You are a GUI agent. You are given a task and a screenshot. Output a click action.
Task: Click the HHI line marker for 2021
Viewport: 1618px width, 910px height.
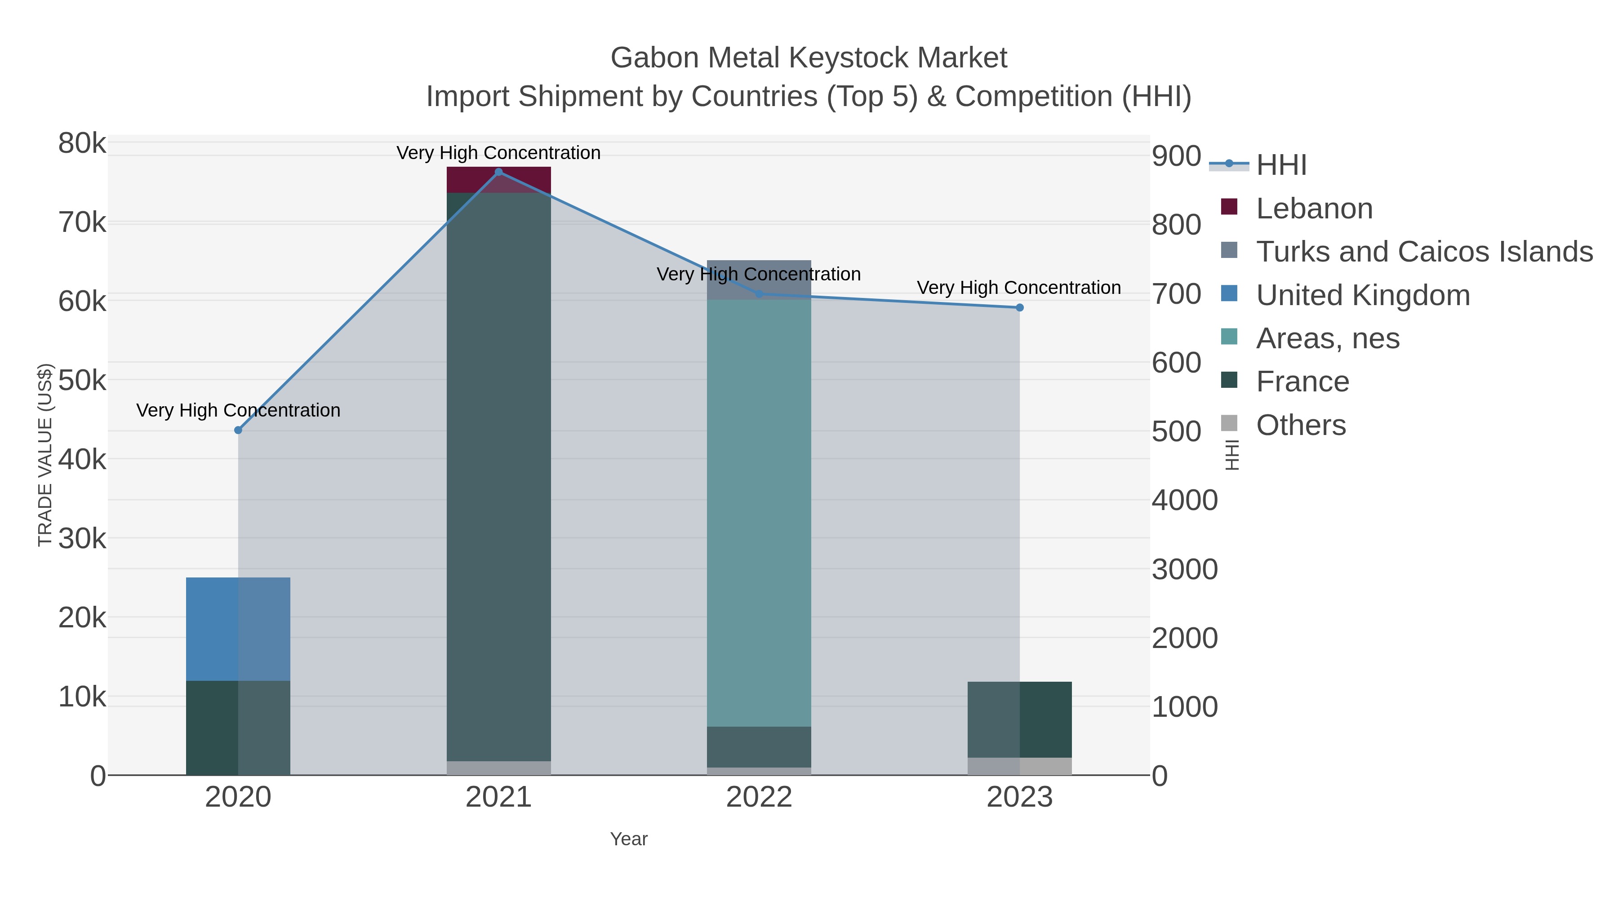click(x=499, y=172)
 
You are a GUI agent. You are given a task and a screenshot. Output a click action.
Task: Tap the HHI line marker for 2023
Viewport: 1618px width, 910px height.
click(x=1019, y=308)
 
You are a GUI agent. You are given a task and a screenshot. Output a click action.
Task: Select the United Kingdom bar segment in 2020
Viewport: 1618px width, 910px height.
click(x=238, y=629)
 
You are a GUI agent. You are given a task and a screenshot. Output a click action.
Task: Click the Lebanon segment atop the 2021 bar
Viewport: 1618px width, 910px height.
click(x=499, y=180)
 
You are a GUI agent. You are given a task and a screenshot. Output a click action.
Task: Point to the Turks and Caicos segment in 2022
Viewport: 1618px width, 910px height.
click(x=759, y=280)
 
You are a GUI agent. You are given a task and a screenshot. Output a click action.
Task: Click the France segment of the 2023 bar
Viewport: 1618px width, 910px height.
click(x=1019, y=719)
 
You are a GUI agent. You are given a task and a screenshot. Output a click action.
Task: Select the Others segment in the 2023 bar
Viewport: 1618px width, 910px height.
click(x=1019, y=766)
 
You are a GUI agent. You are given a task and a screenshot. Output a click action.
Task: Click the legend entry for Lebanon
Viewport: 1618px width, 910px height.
click(x=1314, y=209)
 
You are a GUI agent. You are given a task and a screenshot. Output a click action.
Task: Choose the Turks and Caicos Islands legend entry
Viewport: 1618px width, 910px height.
click(x=1424, y=252)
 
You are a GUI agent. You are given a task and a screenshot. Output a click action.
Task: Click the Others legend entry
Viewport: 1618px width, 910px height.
click(x=1300, y=425)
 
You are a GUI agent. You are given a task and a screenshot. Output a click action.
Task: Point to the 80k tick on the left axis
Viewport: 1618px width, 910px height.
click(x=82, y=143)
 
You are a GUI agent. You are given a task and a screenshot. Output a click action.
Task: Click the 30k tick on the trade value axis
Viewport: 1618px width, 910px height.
click(x=82, y=539)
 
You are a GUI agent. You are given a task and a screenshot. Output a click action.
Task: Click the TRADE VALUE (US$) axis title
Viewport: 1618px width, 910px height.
click(x=45, y=455)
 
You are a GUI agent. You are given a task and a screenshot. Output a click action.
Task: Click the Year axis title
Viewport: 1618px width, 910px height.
click(x=629, y=839)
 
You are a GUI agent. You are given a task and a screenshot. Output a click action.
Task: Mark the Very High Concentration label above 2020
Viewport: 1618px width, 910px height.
click(x=238, y=410)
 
